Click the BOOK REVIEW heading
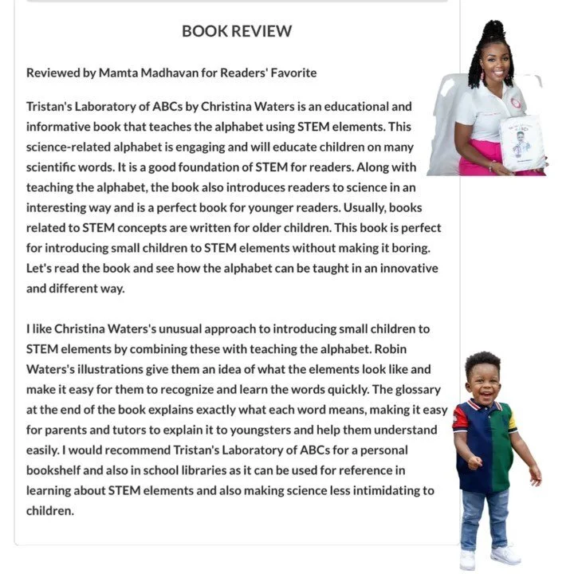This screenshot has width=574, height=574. [237, 31]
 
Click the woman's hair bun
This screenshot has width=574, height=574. [493, 30]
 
